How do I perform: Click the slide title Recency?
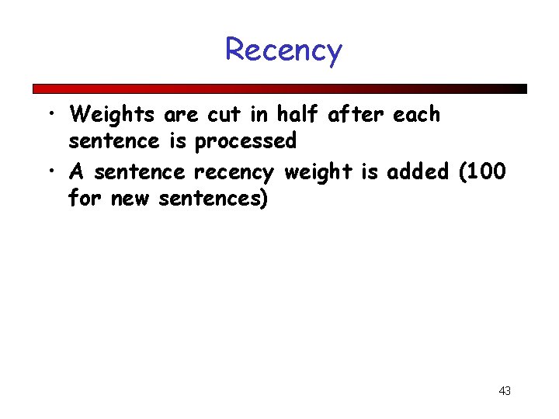(283, 50)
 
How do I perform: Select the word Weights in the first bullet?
(113, 115)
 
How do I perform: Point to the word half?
(298, 115)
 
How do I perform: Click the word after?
(356, 115)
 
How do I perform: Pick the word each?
(416, 115)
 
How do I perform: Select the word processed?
(245, 142)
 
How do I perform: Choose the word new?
(130, 199)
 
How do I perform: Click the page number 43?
(505, 391)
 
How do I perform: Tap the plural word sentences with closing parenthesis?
(214, 199)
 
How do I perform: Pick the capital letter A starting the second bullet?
(77, 171)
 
